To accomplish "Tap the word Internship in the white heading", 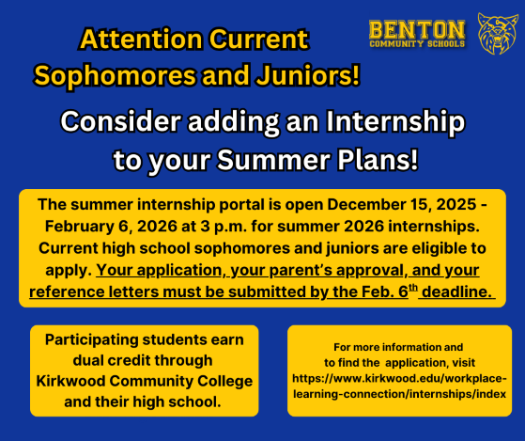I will (x=394, y=122).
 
